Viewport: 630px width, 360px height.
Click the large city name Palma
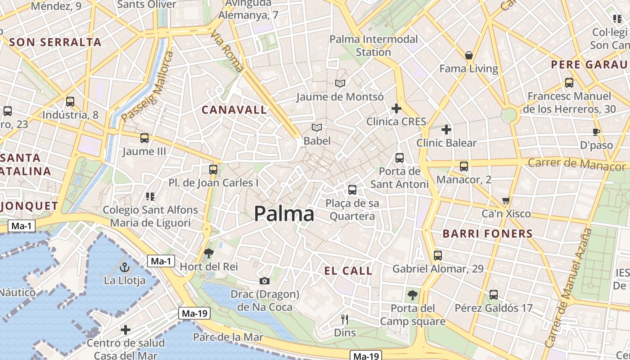(x=284, y=214)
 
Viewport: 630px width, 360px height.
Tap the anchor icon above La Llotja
(x=125, y=268)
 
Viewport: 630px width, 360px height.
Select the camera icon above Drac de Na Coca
(x=265, y=281)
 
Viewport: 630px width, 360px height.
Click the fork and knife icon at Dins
(x=345, y=319)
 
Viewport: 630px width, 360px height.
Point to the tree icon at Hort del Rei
(x=208, y=253)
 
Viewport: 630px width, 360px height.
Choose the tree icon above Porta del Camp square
(x=412, y=295)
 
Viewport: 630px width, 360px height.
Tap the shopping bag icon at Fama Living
(x=469, y=55)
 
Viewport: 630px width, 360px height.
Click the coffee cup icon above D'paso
(x=596, y=132)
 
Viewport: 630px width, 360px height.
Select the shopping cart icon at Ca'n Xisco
(x=506, y=200)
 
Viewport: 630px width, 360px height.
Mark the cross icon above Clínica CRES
(x=396, y=108)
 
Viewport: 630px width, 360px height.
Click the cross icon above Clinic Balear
(x=446, y=130)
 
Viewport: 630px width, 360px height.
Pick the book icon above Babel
(x=317, y=128)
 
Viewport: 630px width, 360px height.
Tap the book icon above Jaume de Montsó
(x=340, y=83)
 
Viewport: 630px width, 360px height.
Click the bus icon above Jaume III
(x=144, y=138)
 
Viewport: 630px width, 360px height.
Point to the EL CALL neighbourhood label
(x=349, y=271)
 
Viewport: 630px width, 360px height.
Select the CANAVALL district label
(x=234, y=110)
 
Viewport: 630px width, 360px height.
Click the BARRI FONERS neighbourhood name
(x=488, y=234)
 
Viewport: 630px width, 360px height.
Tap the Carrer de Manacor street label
(x=576, y=164)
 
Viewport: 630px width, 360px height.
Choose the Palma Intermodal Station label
(x=373, y=45)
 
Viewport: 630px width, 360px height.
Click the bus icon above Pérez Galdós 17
(x=494, y=295)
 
